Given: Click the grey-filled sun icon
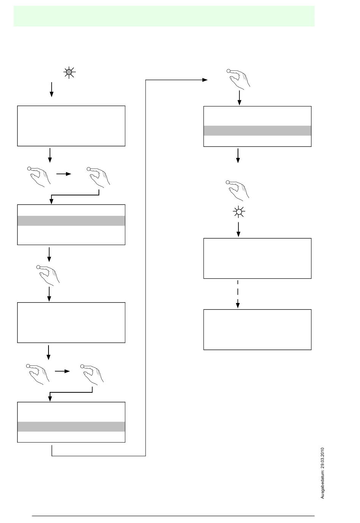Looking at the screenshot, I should point(69,72).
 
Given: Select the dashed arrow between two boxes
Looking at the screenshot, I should point(238,294).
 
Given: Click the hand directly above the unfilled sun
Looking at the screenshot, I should point(238,189).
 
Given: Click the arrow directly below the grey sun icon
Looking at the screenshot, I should point(52,90).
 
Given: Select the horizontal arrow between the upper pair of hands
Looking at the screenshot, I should point(63,174).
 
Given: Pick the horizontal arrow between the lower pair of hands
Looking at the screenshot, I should point(63,371).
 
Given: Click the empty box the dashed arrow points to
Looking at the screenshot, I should point(257,329).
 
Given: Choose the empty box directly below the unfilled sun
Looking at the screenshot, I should point(257,258).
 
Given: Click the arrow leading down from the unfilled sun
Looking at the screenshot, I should point(238,229).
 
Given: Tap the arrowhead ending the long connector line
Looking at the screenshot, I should point(205,80).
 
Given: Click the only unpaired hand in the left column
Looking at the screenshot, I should point(48,274).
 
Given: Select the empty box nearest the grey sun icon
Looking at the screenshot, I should point(71,126).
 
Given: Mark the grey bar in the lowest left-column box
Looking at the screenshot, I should point(71,426).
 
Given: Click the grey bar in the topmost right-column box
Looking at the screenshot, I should point(257,131).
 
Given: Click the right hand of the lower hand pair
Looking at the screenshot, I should point(93,373).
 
